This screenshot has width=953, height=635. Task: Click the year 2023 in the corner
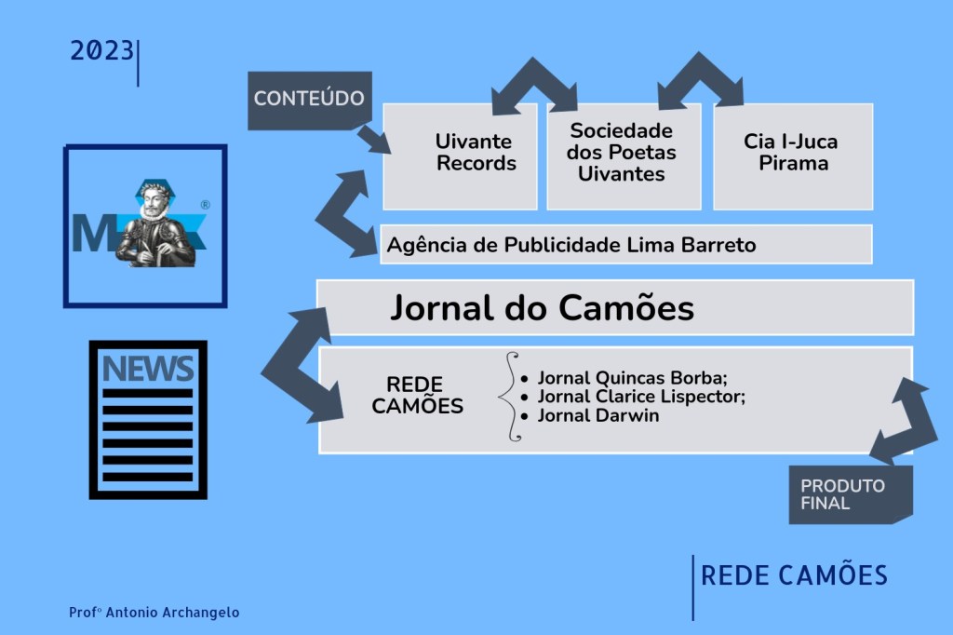coord(102,51)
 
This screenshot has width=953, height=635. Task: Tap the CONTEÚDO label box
coord(309,99)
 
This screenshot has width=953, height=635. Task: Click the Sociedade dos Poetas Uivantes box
coord(623,154)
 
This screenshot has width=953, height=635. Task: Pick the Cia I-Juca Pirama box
coord(792,154)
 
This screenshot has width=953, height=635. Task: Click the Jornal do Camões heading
coord(542,307)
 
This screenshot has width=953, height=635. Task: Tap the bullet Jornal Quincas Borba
coord(632,378)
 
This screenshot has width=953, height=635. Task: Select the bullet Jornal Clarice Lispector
coord(641,397)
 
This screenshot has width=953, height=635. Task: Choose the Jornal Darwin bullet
coord(597,415)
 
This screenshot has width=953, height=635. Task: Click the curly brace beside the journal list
coord(509,396)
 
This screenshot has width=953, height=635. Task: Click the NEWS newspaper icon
coord(148,418)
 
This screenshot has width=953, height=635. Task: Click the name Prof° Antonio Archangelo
coord(154,613)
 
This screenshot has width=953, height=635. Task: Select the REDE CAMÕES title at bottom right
coord(794,575)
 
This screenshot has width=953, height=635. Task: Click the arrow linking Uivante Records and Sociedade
coord(534,85)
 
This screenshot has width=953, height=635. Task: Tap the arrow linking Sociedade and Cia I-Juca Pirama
coord(700,80)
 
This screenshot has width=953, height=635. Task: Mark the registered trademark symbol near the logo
coord(205,204)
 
